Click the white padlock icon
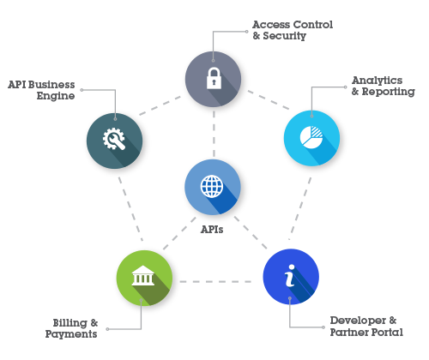point(214,78)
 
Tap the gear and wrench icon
point(114,139)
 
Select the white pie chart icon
point(311,137)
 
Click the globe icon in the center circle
point(212,186)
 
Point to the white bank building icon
point(143,276)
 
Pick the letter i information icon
point(290,275)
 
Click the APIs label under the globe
point(212,230)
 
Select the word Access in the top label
point(271,25)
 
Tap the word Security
point(285,36)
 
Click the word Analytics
point(378,81)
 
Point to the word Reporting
point(389,92)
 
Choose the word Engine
point(56,96)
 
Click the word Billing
point(70,323)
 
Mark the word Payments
point(71,334)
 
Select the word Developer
point(358,321)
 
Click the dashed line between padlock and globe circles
point(214,134)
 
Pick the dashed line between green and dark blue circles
point(215,282)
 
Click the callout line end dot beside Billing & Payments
point(107,329)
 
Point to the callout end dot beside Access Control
point(247,32)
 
